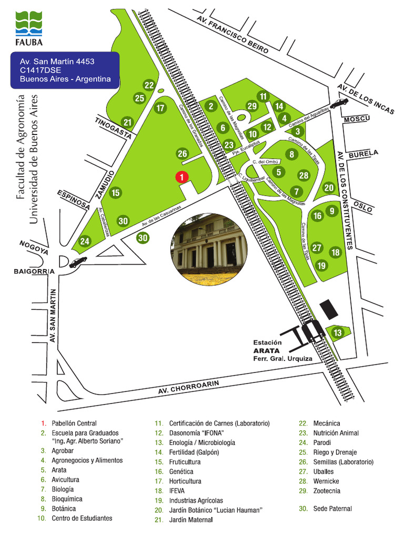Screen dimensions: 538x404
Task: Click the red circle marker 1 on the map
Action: pyautogui.click(x=181, y=177)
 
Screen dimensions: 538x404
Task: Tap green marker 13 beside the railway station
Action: pyautogui.click(x=338, y=333)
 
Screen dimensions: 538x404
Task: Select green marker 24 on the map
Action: pyautogui.click(x=85, y=242)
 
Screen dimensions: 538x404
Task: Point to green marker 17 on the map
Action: pyautogui.click(x=160, y=108)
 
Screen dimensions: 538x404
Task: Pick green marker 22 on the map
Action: pyautogui.click(x=149, y=85)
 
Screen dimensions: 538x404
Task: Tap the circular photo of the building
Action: pyautogui.click(x=209, y=244)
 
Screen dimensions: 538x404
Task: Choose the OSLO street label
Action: pyautogui.click(x=363, y=206)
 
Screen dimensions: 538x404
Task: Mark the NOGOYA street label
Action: pyautogui.click(x=34, y=247)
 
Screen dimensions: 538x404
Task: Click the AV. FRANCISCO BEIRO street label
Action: pyautogui.click(x=232, y=35)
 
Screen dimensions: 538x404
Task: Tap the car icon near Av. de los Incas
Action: pyautogui.click(x=339, y=103)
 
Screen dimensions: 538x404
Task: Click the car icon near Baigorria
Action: pyautogui.click(x=78, y=262)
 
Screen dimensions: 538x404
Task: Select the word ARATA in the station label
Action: pyautogui.click(x=266, y=350)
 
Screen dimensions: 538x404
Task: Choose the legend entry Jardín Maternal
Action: pyautogui.click(x=191, y=520)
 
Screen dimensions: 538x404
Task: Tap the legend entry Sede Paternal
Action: pyautogui.click(x=332, y=509)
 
